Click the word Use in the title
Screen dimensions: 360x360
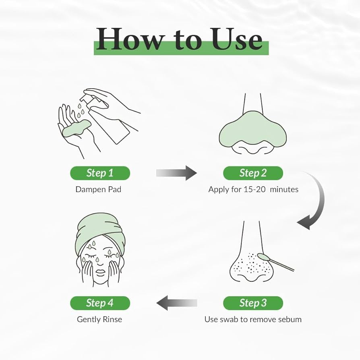[237, 39]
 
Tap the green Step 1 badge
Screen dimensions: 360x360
[100, 173]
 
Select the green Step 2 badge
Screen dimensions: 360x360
[253, 173]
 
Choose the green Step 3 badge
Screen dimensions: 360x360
[253, 303]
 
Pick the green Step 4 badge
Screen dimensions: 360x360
[100, 303]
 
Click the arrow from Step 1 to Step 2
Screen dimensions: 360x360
[176, 173]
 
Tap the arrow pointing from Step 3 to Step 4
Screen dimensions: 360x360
[176, 303]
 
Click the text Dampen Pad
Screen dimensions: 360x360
[98, 189]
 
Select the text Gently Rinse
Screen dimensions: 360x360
[99, 319]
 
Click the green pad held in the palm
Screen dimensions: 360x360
[77, 129]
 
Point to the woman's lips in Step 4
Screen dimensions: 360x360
[100, 273]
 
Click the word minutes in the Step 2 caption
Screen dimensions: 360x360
[284, 189]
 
